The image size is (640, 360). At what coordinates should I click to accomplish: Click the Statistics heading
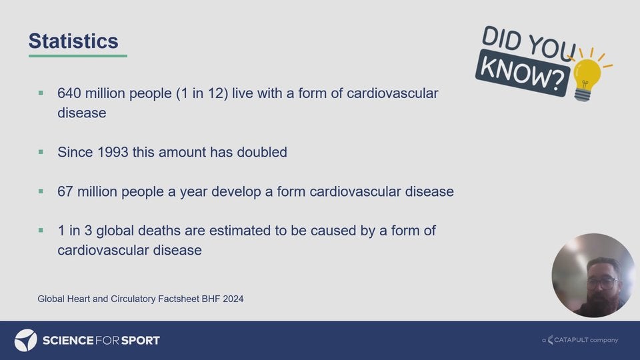click(x=73, y=41)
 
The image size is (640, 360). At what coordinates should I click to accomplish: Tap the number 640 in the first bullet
click(x=69, y=93)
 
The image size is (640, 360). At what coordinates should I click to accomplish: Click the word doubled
click(x=262, y=152)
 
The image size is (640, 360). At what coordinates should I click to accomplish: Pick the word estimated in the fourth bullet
click(x=240, y=231)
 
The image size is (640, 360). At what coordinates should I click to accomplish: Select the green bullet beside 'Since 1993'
click(x=41, y=152)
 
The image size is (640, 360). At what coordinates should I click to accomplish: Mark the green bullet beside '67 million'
click(x=41, y=191)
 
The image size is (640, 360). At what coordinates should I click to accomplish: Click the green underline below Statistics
click(x=77, y=56)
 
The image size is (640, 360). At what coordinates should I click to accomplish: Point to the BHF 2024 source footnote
click(x=141, y=299)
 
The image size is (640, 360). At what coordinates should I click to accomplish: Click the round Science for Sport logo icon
click(x=26, y=340)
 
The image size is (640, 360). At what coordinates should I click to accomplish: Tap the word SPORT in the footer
click(x=141, y=341)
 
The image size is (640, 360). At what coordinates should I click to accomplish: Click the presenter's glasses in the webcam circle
click(x=603, y=282)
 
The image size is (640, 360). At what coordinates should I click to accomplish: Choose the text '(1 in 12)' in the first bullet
click(x=202, y=93)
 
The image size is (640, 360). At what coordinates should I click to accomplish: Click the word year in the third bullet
click(x=193, y=192)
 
